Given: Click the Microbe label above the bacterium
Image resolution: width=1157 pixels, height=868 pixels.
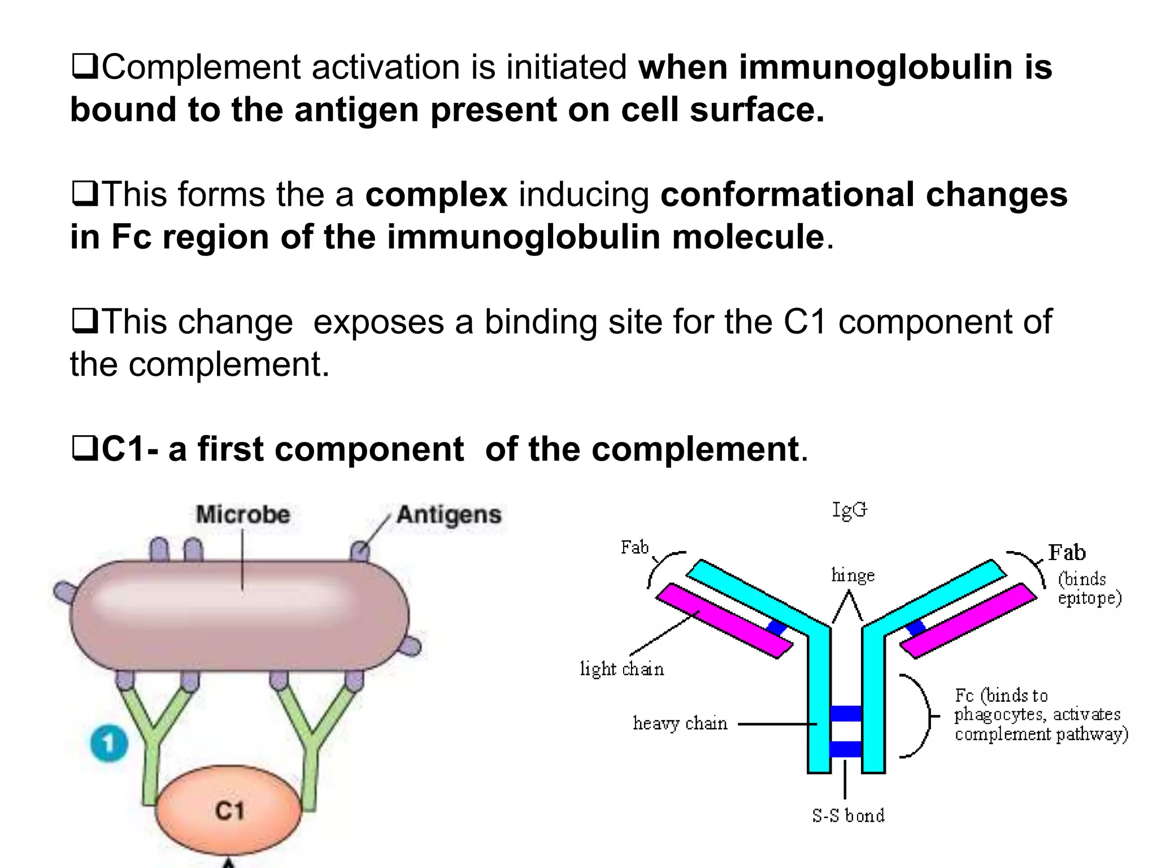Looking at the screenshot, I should (x=243, y=515).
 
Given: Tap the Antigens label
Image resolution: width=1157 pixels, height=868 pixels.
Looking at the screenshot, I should (x=449, y=515).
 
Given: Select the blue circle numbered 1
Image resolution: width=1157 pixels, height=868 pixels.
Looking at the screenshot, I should (x=109, y=743).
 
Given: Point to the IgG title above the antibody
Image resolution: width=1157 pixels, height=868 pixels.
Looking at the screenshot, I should (x=849, y=510).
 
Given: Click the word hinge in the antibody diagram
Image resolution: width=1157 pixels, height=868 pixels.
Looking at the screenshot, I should (x=852, y=575).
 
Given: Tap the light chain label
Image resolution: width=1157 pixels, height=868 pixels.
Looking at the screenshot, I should (x=622, y=669).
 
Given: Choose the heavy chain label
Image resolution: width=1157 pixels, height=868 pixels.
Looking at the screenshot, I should (x=680, y=723).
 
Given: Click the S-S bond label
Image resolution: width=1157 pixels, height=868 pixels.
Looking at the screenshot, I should (x=848, y=815).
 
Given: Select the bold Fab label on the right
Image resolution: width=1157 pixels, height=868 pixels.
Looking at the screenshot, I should (x=1067, y=552).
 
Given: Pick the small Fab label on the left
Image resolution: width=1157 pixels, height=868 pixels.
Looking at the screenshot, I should (x=634, y=547).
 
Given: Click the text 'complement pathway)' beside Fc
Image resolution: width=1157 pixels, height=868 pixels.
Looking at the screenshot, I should (x=1041, y=734).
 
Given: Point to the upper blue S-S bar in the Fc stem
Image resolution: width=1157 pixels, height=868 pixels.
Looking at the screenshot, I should (x=846, y=714).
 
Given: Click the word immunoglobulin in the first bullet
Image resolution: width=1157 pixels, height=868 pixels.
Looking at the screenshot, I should (x=875, y=67).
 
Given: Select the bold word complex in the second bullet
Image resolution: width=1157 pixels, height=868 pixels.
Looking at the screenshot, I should (x=436, y=194).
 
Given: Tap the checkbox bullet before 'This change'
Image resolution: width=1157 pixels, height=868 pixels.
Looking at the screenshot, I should (x=85, y=322).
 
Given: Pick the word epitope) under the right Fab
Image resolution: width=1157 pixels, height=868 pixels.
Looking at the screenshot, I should (x=1089, y=598).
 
